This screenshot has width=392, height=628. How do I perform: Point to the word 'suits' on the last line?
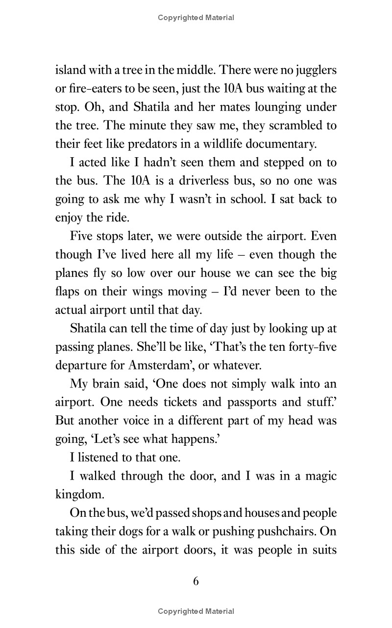(x=322, y=549)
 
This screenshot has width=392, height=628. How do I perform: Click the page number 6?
(x=196, y=581)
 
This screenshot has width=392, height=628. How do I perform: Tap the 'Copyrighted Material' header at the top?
(x=196, y=18)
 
